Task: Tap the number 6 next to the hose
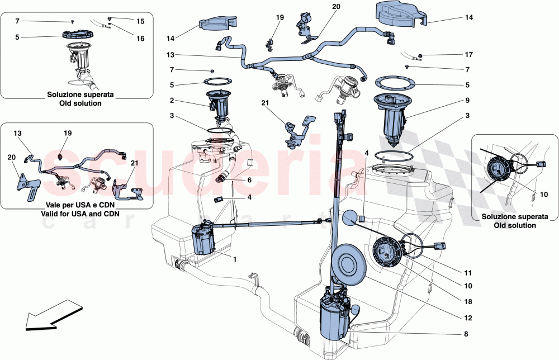tap(249, 180)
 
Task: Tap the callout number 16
tap(140, 39)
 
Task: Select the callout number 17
tap(468, 55)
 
